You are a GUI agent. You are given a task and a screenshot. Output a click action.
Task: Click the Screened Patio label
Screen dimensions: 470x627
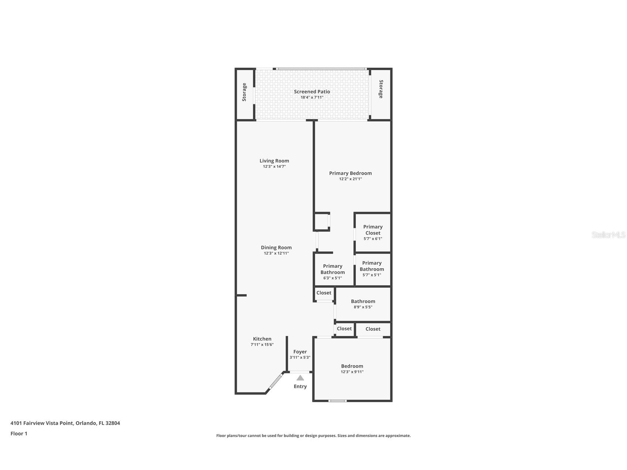[x=312, y=92]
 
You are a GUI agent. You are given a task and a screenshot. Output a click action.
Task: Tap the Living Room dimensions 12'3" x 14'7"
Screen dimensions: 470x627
[x=274, y=167]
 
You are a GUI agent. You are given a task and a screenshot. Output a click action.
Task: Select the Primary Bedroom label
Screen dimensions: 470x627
[x=350, y=173]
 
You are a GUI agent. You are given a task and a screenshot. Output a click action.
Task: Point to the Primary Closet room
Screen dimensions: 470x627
[x=372, y=232]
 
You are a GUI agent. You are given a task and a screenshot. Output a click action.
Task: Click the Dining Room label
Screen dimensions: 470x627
[x=276, y=248]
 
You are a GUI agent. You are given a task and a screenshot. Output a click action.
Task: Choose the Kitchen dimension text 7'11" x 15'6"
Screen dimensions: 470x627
[x=262, y=345]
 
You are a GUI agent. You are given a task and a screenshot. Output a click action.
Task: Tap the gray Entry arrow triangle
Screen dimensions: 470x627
[x=300, y=378]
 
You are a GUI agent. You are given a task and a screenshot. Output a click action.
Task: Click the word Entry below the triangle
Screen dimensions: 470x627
[x=300, y=386]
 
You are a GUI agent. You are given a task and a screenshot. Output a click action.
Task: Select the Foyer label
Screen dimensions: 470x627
[x=300, y=352]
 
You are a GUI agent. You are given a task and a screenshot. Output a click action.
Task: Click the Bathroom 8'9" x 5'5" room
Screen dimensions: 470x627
[x=363, y=304]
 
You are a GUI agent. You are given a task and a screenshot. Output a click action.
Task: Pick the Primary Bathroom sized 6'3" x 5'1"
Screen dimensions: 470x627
[x=333, y=272]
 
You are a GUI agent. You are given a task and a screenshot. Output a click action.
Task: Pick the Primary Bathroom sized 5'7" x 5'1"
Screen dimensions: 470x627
[x=372, y=269]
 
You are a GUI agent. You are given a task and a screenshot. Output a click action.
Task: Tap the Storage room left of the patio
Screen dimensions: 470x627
[x=244, y=92]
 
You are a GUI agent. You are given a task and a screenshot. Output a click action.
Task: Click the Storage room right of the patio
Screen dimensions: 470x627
[x=381, y=89]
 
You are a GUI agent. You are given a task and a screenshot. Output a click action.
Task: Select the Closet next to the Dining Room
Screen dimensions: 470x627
[x=324, y=293]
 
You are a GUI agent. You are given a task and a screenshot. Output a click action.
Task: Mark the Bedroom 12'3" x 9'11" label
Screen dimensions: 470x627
[x=352, y=366]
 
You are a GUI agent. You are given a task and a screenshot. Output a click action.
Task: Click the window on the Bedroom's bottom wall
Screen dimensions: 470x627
[x=338, y=401]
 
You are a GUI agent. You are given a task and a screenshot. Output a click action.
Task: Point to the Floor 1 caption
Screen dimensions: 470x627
[x=19, y=434]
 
